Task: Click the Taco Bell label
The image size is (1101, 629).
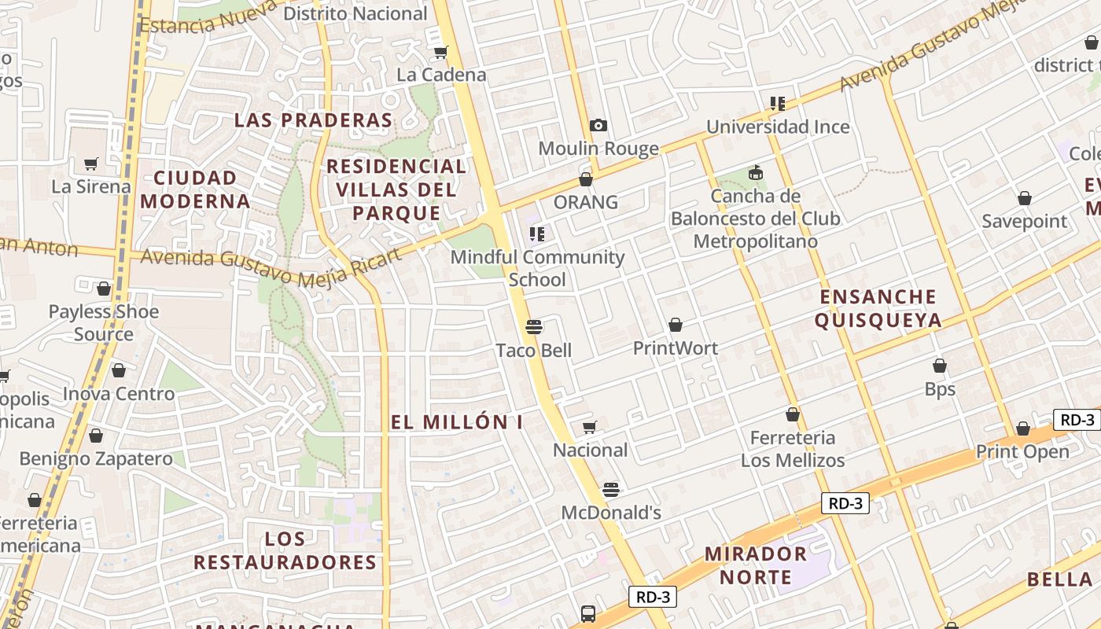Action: coord(534,351)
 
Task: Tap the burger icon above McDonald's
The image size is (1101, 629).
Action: coord(611,490)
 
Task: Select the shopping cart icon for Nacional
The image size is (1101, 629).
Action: coord(590,428)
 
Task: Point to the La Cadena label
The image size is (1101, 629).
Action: coord(441,75)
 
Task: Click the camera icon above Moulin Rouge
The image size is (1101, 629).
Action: coord(598,126)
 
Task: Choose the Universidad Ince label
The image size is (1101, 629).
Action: coord(778,127)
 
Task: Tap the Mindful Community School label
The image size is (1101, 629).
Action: coord(537,268)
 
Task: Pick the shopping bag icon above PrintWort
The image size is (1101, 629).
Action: coord(676,325)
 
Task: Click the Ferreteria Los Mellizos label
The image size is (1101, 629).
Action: coord(793,449)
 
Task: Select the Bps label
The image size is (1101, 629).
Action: coord(940,389)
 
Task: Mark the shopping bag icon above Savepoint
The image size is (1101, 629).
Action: coord(1025,198)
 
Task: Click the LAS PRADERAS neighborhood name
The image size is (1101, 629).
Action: coord(313,120)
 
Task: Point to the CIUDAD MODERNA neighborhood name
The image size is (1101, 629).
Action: coord(196,189)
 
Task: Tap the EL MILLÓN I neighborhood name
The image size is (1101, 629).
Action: coord(457,422)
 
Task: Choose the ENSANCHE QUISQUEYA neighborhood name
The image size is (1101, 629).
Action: coord(878,308)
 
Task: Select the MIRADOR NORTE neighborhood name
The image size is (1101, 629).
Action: coord(755,565)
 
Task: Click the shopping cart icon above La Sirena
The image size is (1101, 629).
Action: coord(91,164)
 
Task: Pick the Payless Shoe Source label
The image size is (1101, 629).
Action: coord(104,322)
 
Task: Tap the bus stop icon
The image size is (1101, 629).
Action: coord(587,613)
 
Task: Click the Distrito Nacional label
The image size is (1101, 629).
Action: coord(355,13)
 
